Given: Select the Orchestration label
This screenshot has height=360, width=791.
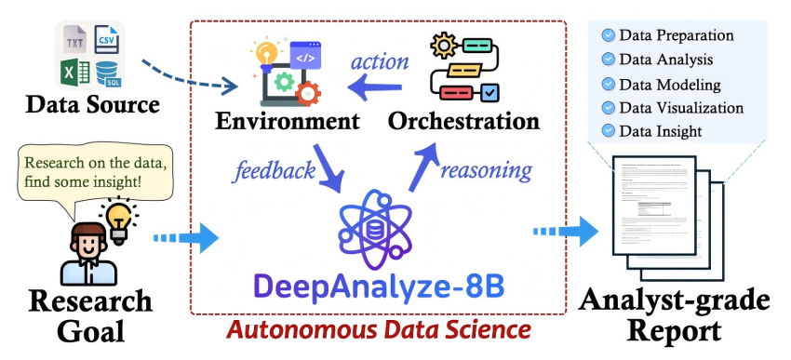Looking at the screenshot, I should (463, 121).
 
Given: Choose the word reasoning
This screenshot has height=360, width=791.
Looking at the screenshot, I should (485, 169).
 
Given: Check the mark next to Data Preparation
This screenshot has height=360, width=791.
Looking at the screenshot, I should (608, 35).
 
